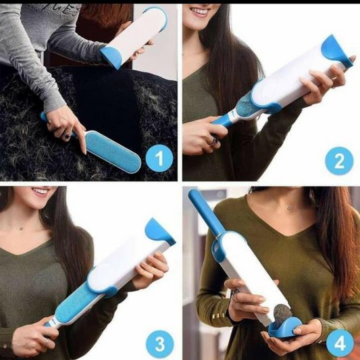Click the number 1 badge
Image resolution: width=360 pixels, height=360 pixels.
coord(159,158)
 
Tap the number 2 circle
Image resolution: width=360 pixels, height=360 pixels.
coord(339,161)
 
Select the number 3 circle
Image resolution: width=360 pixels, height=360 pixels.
coord(159,344)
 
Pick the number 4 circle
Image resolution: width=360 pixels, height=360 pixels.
coord(340,344)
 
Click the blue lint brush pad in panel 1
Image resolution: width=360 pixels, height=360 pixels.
coord(112,152)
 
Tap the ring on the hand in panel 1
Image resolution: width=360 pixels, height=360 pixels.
coord(68,135)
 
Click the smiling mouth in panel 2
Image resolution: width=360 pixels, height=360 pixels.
coord(200,11)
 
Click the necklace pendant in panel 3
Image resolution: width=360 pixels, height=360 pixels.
coord(22,228)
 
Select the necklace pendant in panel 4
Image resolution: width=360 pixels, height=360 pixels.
coord(289,208)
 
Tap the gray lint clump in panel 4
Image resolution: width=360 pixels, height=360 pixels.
coord(283,313)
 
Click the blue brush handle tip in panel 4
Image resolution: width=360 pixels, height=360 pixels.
coord(192,192)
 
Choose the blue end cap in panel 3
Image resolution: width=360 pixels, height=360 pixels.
coord(160,231)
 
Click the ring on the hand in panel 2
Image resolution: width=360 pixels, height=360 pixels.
coord(214,140)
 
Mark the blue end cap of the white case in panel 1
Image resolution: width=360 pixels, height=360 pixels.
coord(111,57)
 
